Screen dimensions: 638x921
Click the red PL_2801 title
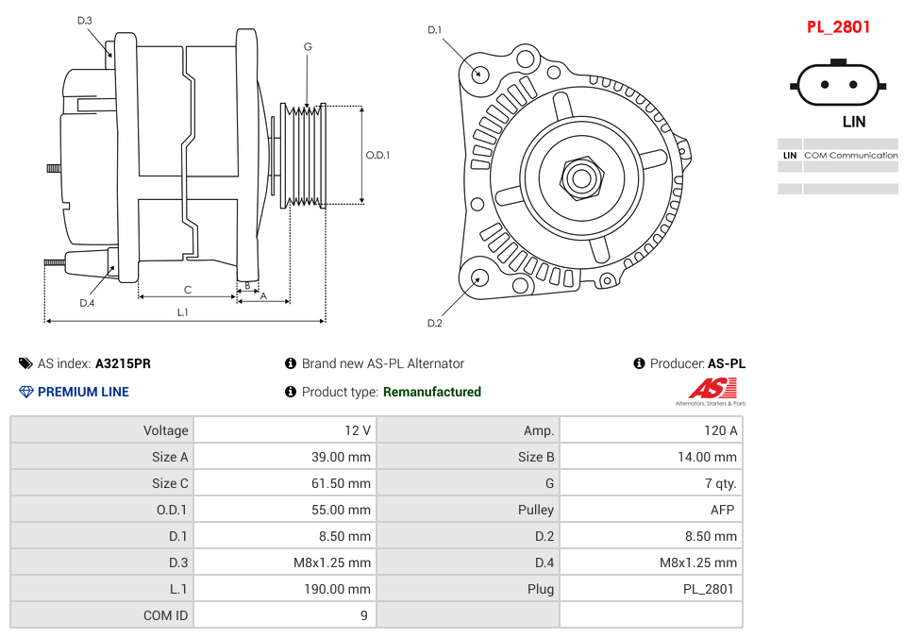pos(838,27)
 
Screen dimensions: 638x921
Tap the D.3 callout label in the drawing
pos(85,21)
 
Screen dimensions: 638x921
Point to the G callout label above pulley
pos(308,46)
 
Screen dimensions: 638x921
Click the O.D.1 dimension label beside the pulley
pos(377,156)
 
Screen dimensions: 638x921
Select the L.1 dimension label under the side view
pos(183,311)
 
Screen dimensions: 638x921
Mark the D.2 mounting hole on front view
pos(479,277)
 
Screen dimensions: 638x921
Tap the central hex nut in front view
pos(581,176)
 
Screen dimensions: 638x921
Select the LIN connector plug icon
pos(838,86)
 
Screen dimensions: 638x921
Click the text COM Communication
pos(850,155)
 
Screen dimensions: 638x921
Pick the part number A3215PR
pos(123,363)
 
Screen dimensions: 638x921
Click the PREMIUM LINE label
pos(83,392)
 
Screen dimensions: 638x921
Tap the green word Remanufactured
pos(431,392)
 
